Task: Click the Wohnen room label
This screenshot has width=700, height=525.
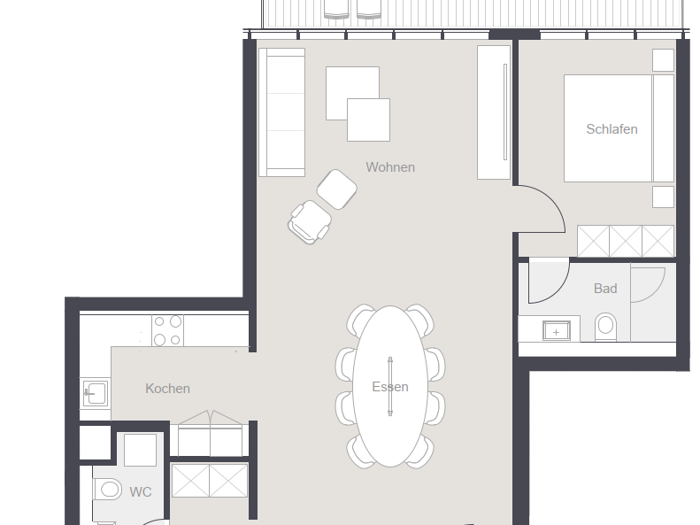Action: tap(390, 167)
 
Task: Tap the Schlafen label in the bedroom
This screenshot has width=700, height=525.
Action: tap(612, 129)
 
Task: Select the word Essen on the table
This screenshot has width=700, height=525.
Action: tap(390, 387)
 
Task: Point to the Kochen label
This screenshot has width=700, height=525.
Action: tap(167, 389)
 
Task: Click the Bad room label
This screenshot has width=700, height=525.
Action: tap(605, 289)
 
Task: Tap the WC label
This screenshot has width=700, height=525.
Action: tap(140, 492)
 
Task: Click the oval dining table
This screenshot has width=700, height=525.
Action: tap(390, 386)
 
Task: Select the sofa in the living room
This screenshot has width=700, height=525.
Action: tap(281, 112)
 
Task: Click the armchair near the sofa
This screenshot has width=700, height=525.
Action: tap(310, 222)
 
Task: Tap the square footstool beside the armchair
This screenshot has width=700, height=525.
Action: tap(336, 189)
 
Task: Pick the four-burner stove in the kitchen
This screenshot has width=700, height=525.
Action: tap(167, 330)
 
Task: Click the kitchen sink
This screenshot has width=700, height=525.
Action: tap(95, 393)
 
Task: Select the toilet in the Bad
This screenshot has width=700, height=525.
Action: tap(605, 327)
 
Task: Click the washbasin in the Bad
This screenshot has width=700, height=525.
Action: tap(557, 331)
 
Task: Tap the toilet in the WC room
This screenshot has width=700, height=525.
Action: tap(108, 490)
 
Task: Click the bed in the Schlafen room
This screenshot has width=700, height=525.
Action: tap(619, 128)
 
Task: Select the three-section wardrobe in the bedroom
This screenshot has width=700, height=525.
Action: tap(626, 241)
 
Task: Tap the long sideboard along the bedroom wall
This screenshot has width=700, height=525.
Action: tap(494, 112)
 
